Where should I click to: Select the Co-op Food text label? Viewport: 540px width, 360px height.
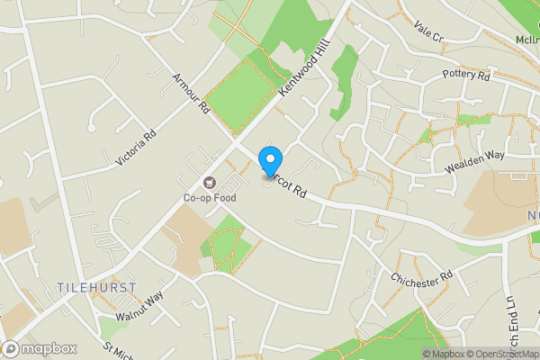coord(211,197)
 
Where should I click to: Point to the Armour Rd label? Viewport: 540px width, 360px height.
coord(190,95)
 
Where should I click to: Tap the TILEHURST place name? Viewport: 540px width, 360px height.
coord(96,287)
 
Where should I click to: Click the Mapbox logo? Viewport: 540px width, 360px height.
coord(39,348)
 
